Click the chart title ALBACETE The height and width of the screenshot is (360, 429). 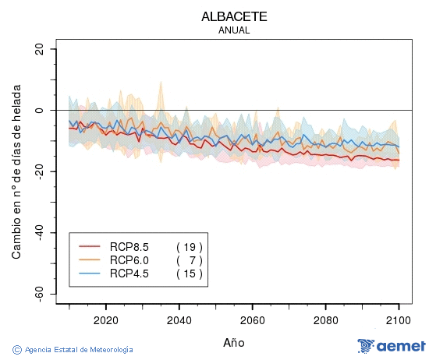(234, 16)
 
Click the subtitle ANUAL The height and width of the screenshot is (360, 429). (234, 30)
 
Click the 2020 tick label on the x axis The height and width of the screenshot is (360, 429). (105, 319)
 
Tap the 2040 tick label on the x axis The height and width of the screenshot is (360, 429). (179, 319)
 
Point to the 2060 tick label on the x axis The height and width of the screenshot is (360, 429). (252, 319)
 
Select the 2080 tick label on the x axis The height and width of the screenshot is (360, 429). (325, 319)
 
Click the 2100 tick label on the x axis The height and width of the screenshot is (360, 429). (399, 319)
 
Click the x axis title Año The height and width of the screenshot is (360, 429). (234, 342)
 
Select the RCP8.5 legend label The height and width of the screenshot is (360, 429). (129, 245)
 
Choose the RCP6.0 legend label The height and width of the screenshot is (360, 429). (129, 259)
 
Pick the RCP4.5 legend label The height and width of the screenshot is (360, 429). (129, 274)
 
